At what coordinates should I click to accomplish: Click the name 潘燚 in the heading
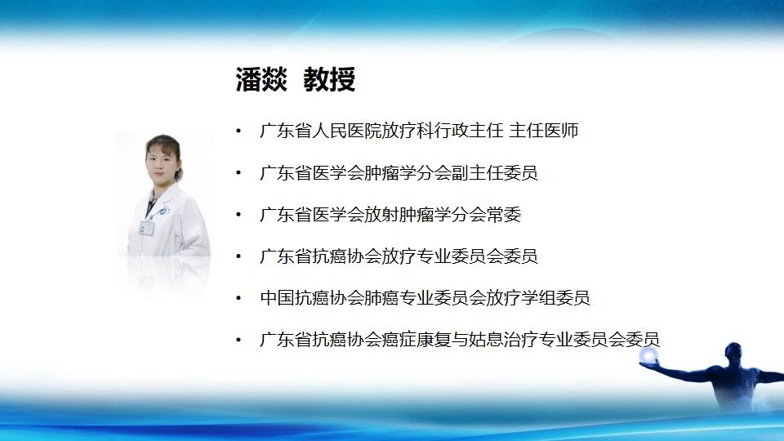[261, 79]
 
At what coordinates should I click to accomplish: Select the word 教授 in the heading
[329, 79]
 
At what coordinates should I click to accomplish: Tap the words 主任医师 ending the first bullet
[544, 131]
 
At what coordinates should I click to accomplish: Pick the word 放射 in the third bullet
[381, 215]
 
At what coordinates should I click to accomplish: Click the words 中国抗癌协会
[312, 298]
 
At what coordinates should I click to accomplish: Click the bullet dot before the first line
[238, 131]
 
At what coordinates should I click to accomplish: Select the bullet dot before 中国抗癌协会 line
[238, 299]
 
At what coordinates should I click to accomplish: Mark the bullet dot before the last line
[238, 340]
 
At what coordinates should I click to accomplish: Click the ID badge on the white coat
[146, 228]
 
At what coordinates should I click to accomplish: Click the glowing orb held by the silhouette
[648, 355]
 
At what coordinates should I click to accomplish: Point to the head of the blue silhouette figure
[734, 354]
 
